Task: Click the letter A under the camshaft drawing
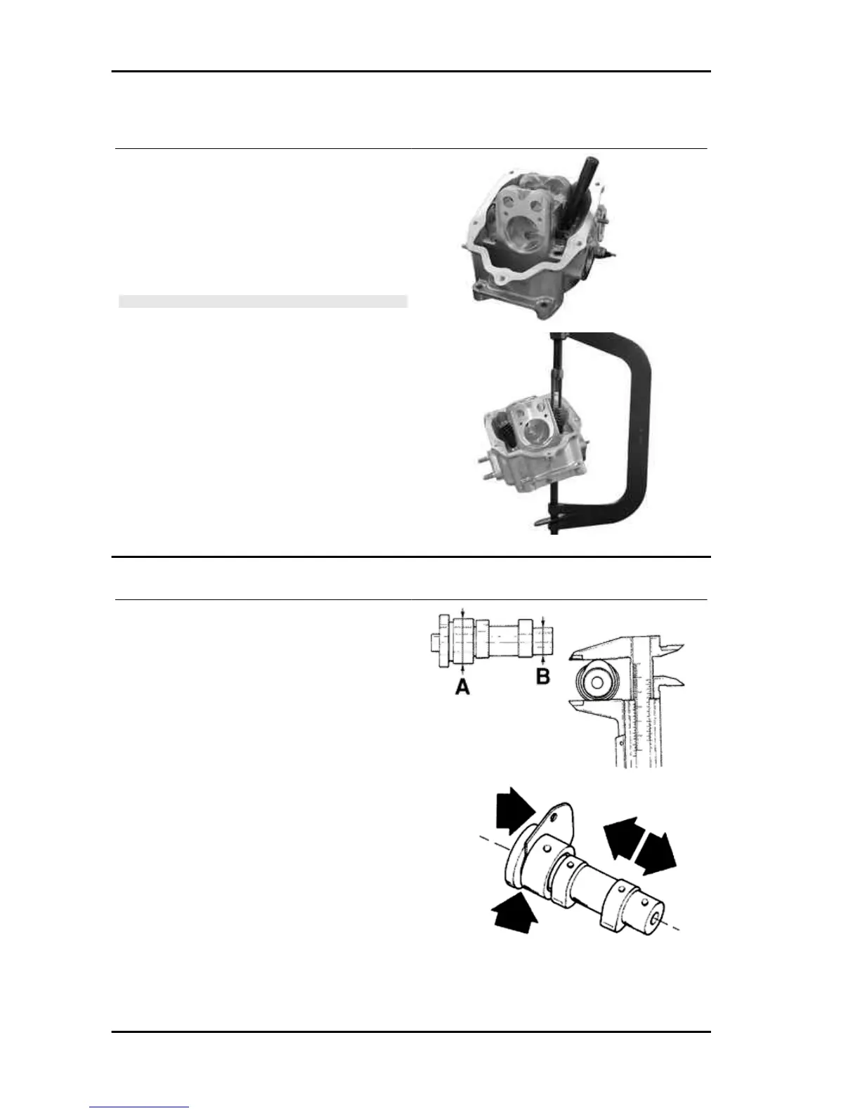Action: [462, 685]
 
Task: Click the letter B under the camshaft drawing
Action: [543, 677]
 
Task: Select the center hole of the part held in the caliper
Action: [597, 681]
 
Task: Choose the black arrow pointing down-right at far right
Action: [656, 854]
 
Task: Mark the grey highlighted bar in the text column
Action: [263, 301]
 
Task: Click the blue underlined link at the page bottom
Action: [139, 1107]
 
